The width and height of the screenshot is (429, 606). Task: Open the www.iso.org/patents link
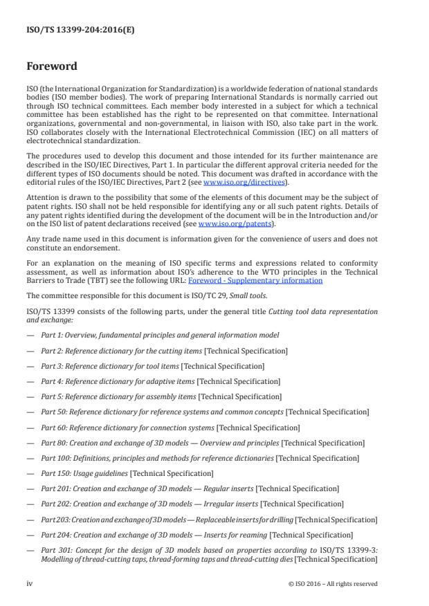[x=226, y=224]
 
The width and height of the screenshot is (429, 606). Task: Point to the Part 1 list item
[x=160, y=336]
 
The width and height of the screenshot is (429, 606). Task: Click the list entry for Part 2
[x=164, y=351]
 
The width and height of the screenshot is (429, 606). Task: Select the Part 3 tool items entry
[x=152, y=366]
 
